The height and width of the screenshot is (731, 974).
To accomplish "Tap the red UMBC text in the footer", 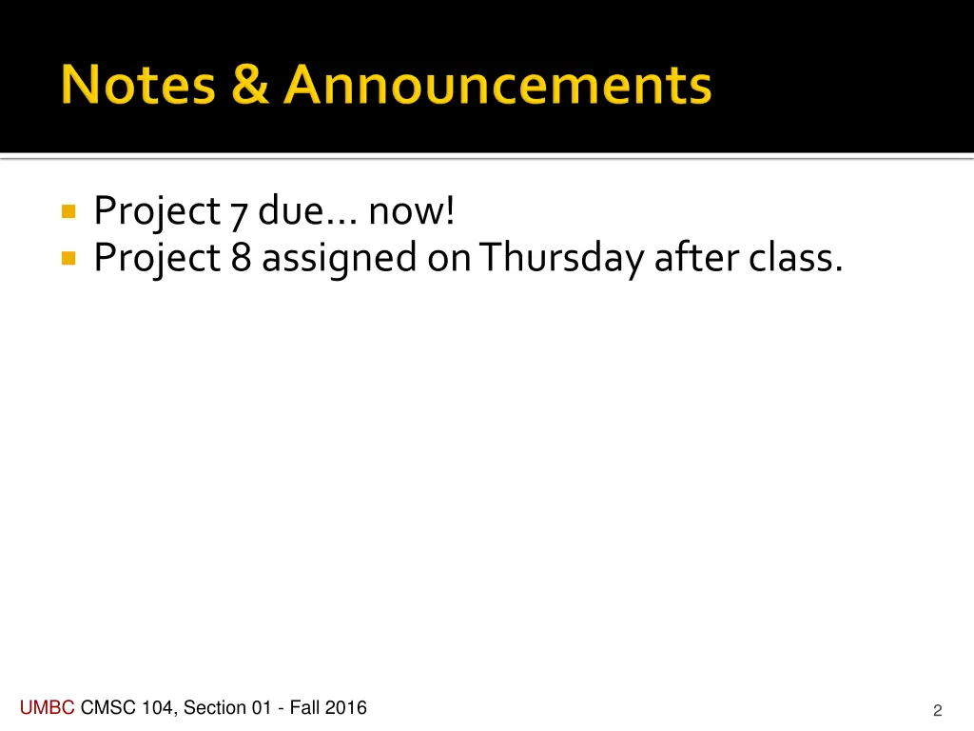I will (x=48, y=707).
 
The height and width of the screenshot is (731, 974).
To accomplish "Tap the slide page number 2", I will (x=937, y=710).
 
